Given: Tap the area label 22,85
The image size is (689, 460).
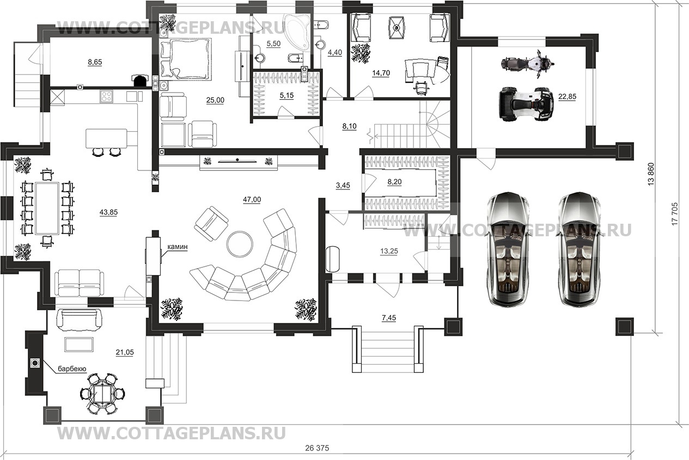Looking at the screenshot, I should [x=566, y=96].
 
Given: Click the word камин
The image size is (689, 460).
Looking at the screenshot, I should [x=178, y=247].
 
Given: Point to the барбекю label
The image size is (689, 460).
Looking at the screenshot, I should [x=72, y=369].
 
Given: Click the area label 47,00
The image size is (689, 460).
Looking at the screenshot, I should [x=252, y=200].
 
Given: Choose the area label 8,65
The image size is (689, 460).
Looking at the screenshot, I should [x=95, y=63].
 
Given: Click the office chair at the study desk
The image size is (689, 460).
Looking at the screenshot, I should [x=420, y=85].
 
